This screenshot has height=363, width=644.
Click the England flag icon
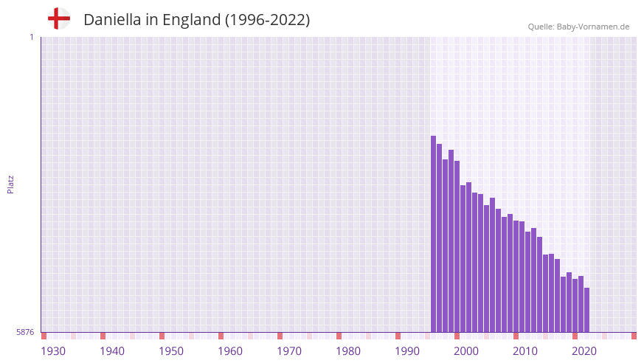point(58,18)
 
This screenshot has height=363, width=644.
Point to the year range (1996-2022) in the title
point(267,20)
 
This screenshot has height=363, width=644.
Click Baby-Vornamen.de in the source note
point(593,27)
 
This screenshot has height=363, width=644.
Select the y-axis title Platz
point(10,184)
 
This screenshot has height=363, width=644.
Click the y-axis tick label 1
point(31,37)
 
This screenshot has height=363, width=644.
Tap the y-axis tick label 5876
point(25,333)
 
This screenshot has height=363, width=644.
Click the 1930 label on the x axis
point(53,351)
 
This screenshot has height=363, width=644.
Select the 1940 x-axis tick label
point(112,351)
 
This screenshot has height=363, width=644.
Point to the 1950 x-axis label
point(171,351)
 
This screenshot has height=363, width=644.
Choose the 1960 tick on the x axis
point(230,351)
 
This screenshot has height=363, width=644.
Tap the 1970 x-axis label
point(289,351)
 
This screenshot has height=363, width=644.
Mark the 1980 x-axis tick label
point(348,351)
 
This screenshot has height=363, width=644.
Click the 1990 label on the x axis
point(407,351)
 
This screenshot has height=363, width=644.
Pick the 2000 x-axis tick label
point(466,351)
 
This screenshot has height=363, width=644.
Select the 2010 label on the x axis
point(525,351)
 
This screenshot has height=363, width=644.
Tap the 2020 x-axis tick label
point(584,351)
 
